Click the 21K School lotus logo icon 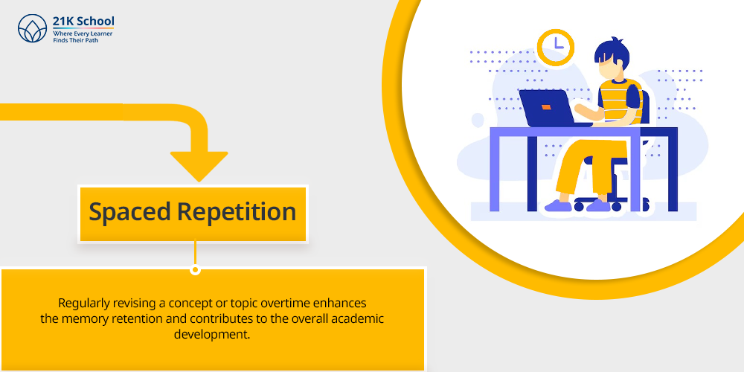32,28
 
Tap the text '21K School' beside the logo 83,22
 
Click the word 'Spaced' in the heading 129,212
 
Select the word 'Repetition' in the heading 237,211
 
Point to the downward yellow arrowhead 199,166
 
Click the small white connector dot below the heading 194,270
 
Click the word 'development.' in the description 211,334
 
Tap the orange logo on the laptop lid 546,107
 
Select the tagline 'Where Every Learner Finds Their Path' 83,37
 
